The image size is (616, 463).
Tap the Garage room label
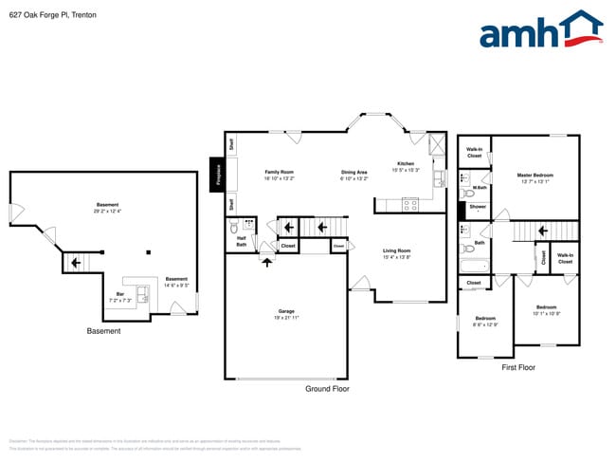pos(285,313)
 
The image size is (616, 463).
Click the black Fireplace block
pos(217,175)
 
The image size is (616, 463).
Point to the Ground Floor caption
pos(327,389)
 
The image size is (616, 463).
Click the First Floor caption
pos(518,366)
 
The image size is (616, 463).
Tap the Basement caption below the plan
pos(103,331)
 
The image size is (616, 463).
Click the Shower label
pos(478,207)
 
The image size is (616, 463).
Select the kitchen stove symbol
pos(411,204)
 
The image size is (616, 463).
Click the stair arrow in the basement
pos(73,260)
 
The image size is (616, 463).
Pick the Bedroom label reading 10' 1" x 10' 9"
pos(546,309)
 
